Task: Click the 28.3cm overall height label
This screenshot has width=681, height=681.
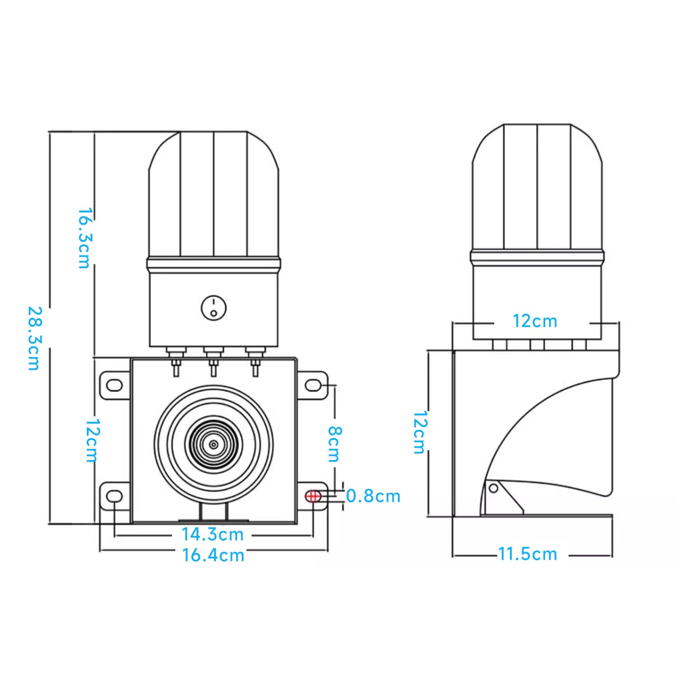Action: tap(34, 338)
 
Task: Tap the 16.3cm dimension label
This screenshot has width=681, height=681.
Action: tap(84, 238)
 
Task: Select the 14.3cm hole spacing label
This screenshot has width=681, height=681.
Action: tap(213, 534)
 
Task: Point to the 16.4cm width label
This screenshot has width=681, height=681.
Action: tap(213, 555)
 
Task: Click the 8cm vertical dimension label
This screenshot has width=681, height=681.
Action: tap(334, 444)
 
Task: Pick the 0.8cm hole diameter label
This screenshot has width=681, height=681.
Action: tap(373, 496)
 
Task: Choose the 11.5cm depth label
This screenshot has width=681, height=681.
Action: tap(528, 554)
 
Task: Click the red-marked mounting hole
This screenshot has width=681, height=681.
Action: tap(313, 496)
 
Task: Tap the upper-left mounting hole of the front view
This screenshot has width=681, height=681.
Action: tap(115, 385)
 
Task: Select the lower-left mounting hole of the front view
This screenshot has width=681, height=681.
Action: tap(115, 496)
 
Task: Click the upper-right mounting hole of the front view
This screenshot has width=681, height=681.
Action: tap(313, 386)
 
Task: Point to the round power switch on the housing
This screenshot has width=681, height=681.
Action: tap(213, 308)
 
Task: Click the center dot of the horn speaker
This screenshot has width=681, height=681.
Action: tap(213, 444)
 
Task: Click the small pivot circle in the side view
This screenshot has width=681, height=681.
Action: tap(493, 488)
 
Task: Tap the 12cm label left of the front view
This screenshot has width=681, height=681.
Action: tap(92, 440)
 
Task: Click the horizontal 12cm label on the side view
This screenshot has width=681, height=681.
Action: tap(535, 321)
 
